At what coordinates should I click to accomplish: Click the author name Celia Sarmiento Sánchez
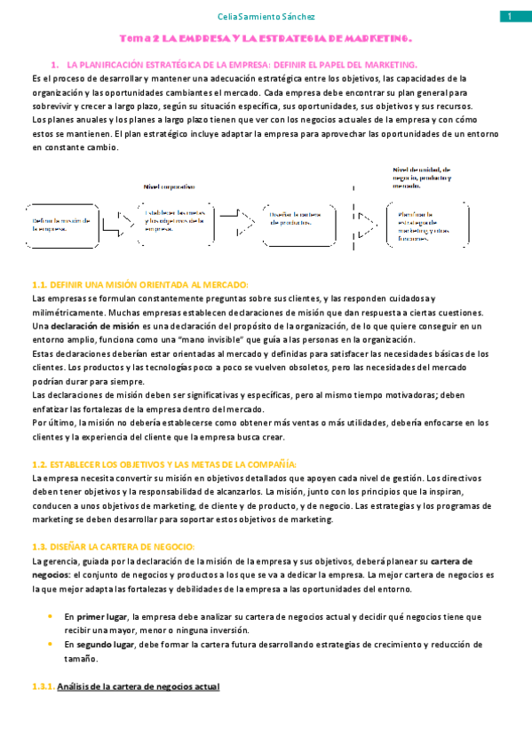click(266, 17)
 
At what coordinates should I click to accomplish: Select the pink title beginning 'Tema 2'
click(266, 40)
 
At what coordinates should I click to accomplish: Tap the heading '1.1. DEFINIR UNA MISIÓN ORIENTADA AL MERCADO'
click(140, 284)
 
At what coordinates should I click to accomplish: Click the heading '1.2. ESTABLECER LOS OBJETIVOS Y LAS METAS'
click(164, 464)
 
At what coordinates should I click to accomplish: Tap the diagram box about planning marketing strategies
click(425, 226)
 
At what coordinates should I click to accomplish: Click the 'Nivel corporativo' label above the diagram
click(171, 186)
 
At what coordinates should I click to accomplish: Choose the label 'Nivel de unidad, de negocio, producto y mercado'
click(423, 177)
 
